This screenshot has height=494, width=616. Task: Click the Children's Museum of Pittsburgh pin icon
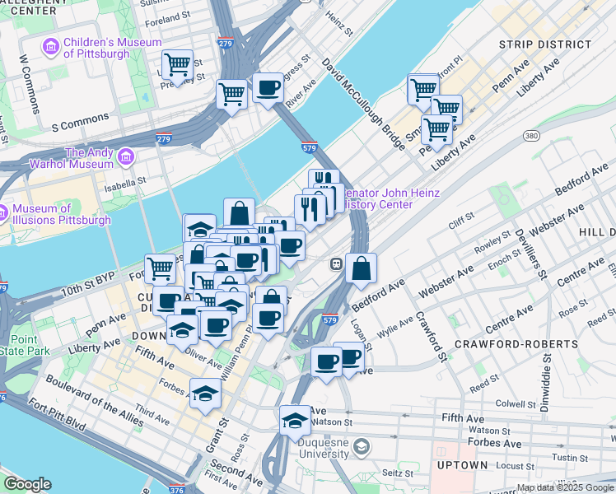pos(51,46)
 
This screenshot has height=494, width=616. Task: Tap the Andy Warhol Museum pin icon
pos(126,156)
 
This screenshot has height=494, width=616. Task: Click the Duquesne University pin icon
pos(361,447)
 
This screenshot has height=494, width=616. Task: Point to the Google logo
pos(27,484)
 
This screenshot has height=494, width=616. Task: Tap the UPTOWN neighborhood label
pos(463,465)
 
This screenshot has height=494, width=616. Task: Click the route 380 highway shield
pos(531,136)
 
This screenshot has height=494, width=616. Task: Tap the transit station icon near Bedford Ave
pos(337,264)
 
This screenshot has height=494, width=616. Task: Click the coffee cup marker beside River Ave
pos(267,87)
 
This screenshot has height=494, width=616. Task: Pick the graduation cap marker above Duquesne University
pos(295,420)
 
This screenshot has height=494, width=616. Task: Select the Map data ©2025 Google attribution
pos(564,487)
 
